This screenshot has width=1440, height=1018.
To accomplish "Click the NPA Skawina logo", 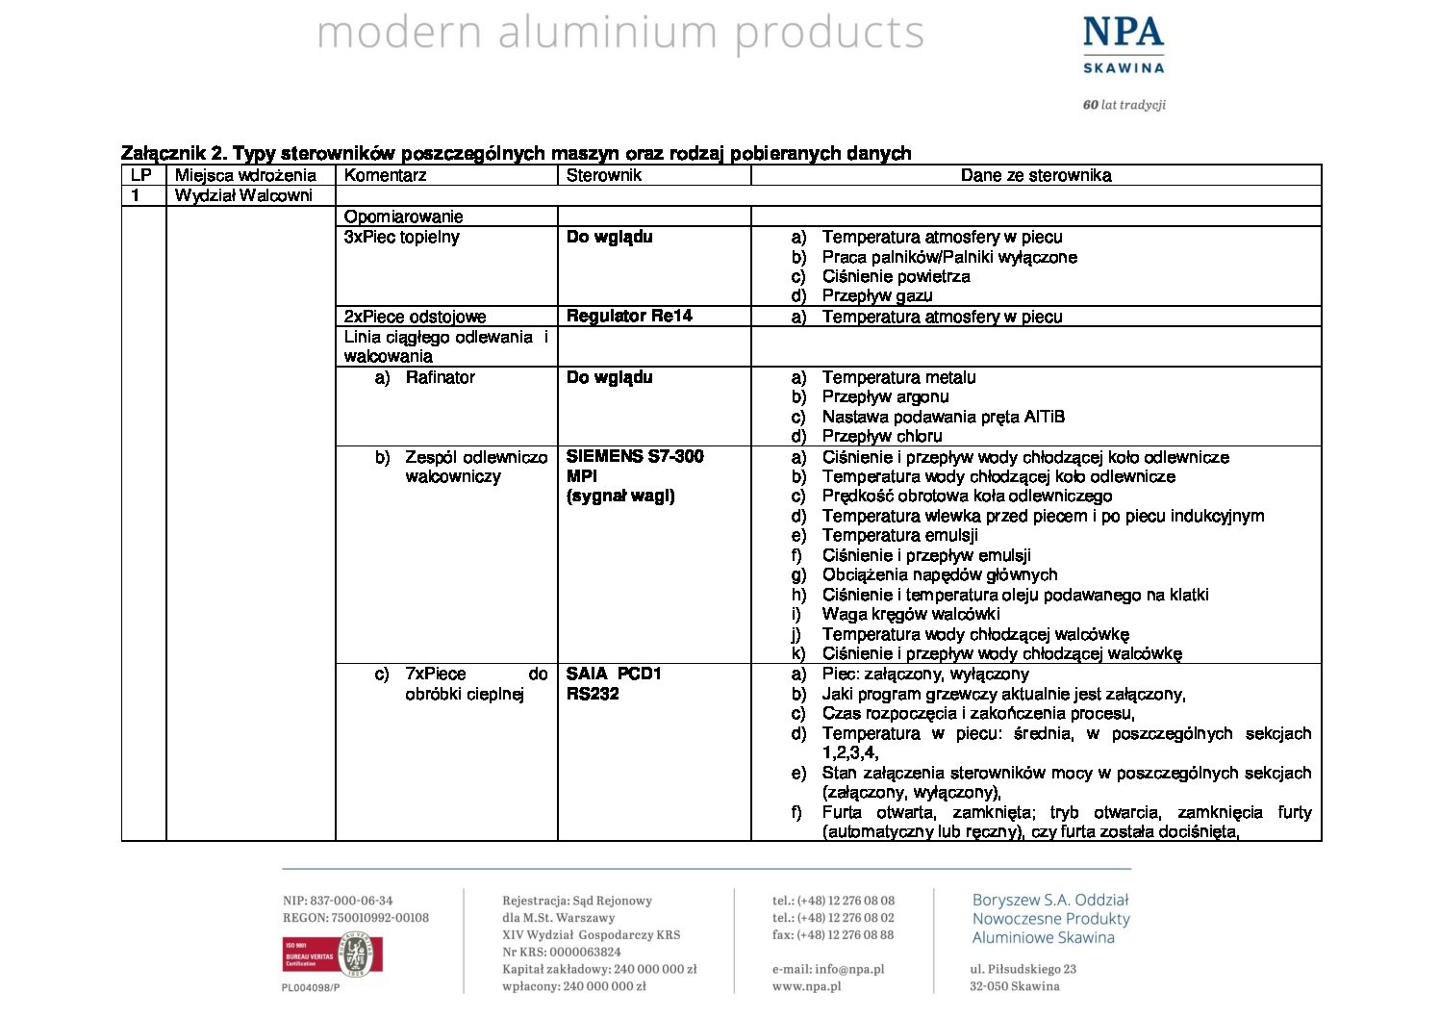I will click(1123, 46).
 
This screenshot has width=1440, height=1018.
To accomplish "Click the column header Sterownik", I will click(603, 175).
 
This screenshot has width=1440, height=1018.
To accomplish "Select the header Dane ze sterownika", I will click(1035, 175).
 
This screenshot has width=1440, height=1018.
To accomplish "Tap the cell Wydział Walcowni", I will click(243, 195).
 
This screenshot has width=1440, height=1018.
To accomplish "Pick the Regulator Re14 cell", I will click(629, 316).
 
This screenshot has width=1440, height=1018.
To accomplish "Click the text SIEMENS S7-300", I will click(635, 456).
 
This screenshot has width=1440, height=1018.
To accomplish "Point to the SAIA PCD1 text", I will click(614, 674).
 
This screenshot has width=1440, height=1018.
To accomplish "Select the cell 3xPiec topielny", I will click(401, 237).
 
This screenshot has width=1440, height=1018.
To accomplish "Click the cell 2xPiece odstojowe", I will click(415, 317).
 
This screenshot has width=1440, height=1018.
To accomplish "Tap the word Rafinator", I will click(440, 377).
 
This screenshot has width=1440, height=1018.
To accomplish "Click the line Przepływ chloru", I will click(882, 436).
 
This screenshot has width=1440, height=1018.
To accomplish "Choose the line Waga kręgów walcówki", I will click(910, 614).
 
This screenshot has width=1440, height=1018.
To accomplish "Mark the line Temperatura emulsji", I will click(899, 535).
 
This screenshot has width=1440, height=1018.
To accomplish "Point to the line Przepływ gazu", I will click(876, 295).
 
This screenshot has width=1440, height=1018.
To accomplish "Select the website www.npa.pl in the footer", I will click(806, 986).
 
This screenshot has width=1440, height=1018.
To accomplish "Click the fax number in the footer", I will click(833, 934).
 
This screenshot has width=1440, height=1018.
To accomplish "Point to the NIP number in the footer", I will click(338, 901).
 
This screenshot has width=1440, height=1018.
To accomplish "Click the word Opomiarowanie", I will click(403, 216).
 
